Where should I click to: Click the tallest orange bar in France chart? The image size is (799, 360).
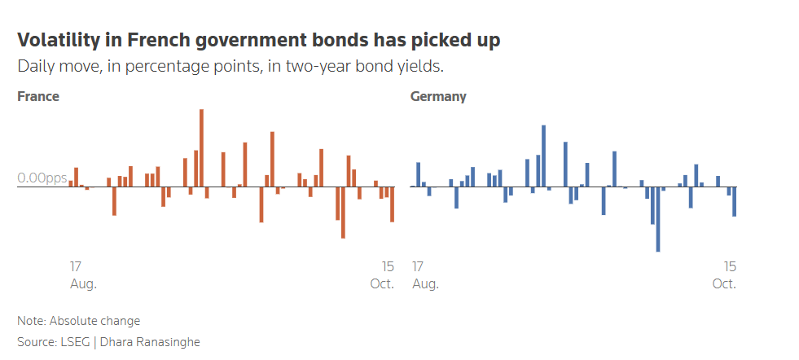[x=201, y=148]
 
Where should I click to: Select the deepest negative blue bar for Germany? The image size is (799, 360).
[x=658, y=219]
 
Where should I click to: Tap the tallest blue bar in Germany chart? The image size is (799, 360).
[x=543, y=156]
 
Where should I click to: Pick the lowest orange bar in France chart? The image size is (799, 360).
[x=343, y=213]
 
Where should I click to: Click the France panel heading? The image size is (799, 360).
[x=38, y=96]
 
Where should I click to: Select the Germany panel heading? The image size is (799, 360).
[x=438, y=96]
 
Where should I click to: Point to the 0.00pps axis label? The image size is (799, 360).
[x=42, y=178]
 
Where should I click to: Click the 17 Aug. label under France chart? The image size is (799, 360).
[x=83, y=275]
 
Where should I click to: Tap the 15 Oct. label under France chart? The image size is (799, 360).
[x=382, y=275]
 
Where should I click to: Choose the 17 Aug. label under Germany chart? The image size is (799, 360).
[x=424, y=275]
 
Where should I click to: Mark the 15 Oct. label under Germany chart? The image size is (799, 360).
[x=724, y=275]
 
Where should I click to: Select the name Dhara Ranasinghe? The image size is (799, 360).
[x=150, y=342]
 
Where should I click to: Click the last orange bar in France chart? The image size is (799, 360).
[x=393, y=204]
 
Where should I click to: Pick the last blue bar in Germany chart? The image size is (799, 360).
[x=735, y=201]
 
